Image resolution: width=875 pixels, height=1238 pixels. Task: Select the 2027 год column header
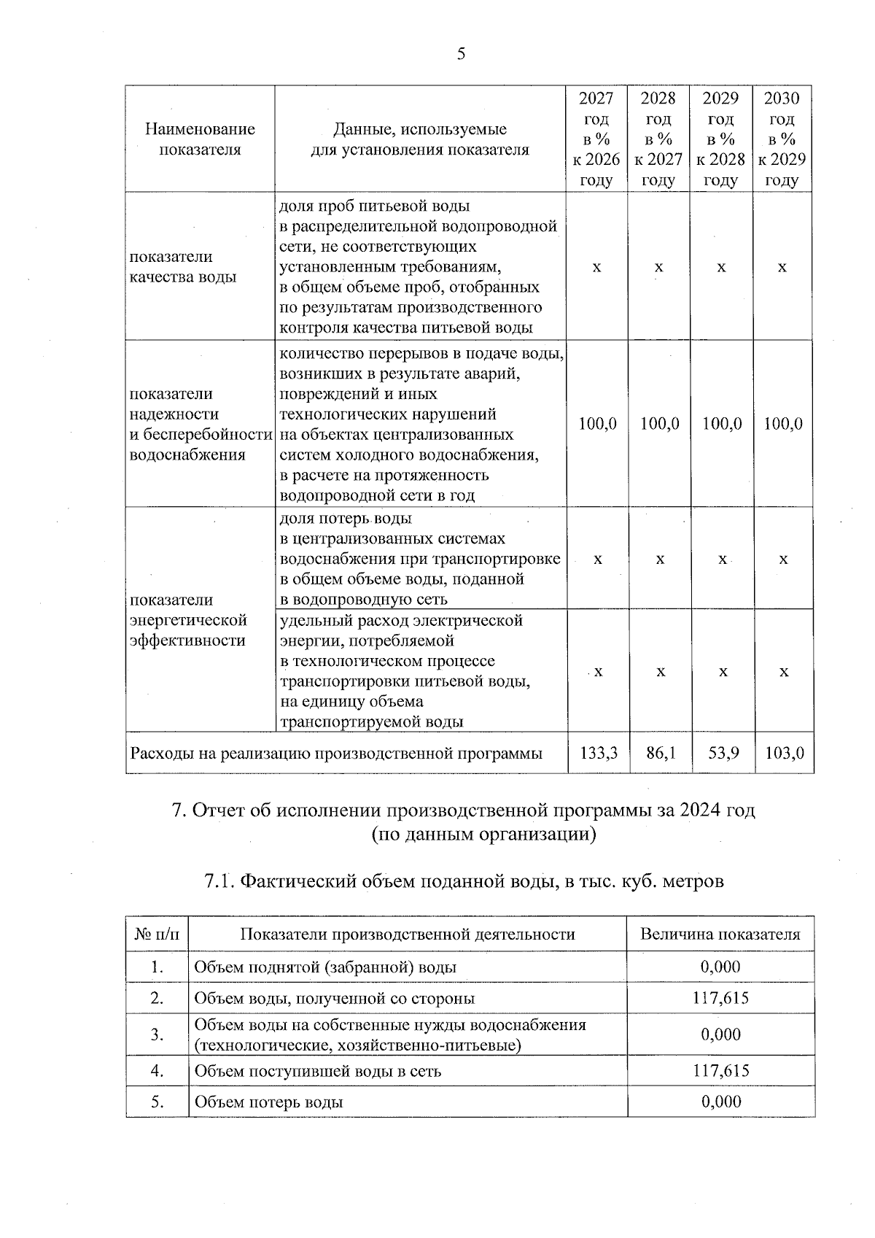click(x=596, y=139)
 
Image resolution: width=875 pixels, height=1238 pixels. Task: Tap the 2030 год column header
click(x=782, y=139)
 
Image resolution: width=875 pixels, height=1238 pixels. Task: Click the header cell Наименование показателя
click(x=200, y=139)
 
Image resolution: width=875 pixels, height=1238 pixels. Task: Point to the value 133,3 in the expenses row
click(x=598, y=753)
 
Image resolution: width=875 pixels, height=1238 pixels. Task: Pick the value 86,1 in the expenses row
click(x=660, y=753)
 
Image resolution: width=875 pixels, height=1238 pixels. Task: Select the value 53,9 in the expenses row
click(x=723, y=753)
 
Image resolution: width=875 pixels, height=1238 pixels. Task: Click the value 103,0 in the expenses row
click(x=784, y=753)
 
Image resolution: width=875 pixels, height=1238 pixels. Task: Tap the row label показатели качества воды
click(x=182, y=267)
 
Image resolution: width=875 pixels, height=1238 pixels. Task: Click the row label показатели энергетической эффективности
click(x=188, y=620)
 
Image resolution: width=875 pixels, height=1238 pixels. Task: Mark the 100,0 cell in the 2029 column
click(x=722, y=424)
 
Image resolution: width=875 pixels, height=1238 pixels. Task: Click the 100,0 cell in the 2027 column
click(x=597, y=424)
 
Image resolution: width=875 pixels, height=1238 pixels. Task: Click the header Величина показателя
click(x=720, y=935)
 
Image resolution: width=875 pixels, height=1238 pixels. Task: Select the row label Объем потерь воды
click(x=268, y=1102)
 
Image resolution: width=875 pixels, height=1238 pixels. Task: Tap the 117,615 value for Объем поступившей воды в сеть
click(x=720, y=1071)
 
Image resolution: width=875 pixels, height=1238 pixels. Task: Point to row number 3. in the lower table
click(x=157, y=1034)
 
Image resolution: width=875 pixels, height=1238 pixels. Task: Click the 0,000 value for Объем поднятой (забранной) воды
click(x=720, y=967)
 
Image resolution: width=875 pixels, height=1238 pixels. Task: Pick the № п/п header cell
click(x=157, y=935)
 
